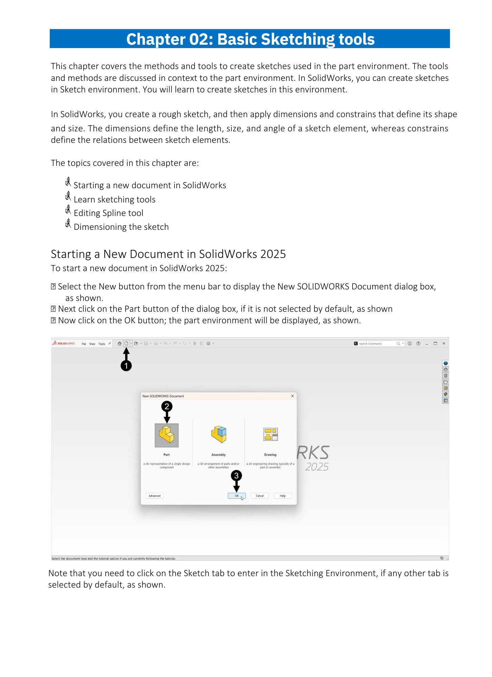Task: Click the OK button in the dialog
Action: click(x=237, y=496)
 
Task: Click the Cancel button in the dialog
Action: click(x=260, y=496)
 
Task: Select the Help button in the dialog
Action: click(x=283, y=496)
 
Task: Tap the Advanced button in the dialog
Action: click(x=155, y=496)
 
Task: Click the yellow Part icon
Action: click(x=166, y=435)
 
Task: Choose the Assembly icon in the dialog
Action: click(x=219, y=434)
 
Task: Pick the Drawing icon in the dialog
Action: click(x=270, y=434)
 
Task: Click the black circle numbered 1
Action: click(x=126, y=366)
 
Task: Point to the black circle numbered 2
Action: click(x=167, y=406)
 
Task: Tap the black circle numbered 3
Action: click(x=237, y=476)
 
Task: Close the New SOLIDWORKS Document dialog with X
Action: click(x=292, y=396)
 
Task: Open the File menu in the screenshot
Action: click(x=84, y=344)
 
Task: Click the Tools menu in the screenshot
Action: click(x=102, y=344)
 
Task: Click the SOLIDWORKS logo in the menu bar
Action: click(x=64, y=343)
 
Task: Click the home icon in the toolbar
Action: click(x=119, y=344)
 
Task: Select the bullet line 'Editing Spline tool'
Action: click(x=108, y=213)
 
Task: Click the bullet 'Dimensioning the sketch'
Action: click(x=121, y=227)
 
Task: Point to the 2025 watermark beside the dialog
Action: click(x=317, y=467)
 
